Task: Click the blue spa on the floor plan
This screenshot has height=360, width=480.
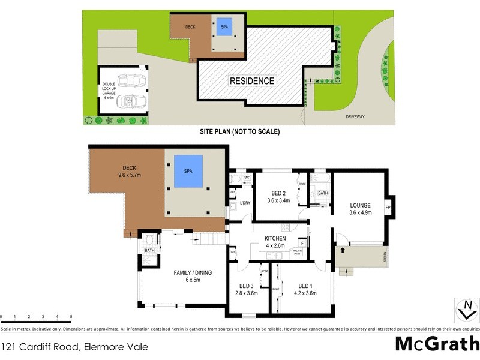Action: (x=188, y=170)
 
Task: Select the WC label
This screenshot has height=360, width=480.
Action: (x=247, y=178)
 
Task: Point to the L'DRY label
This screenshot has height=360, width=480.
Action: (x=245, y=203)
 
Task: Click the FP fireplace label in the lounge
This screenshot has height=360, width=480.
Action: (x=388, y=208)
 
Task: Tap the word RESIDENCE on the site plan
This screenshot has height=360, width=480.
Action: (x=252, y=81)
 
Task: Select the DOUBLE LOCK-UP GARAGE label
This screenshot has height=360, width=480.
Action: (x=109, y=88)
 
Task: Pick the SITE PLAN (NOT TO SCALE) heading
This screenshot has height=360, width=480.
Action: (x=240, y=131)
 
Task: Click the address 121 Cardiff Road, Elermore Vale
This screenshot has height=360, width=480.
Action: (x=74, y=346)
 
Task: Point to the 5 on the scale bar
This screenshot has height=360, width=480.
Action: (x=71, y=316)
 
